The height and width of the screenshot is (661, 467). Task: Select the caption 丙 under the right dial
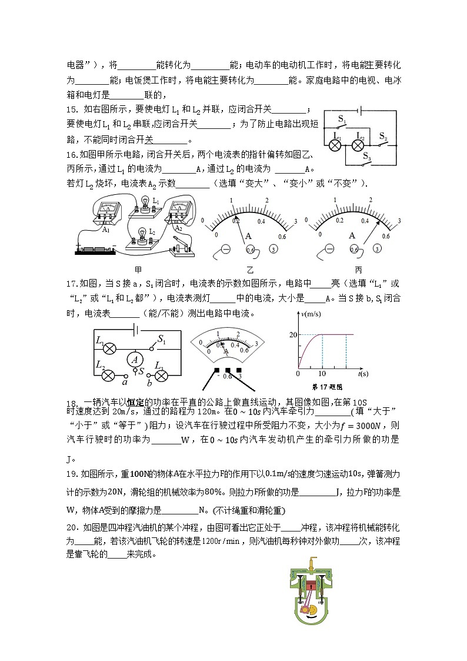358,270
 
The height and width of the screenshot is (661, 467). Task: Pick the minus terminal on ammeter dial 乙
226,249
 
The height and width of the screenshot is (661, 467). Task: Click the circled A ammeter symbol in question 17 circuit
135,358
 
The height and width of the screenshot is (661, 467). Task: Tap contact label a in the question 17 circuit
125,382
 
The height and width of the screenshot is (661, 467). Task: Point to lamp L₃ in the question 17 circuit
159,374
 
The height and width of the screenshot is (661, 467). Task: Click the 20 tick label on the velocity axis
293,334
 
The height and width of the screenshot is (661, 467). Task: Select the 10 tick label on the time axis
322,374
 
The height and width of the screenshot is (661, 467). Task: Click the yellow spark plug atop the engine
312,564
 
